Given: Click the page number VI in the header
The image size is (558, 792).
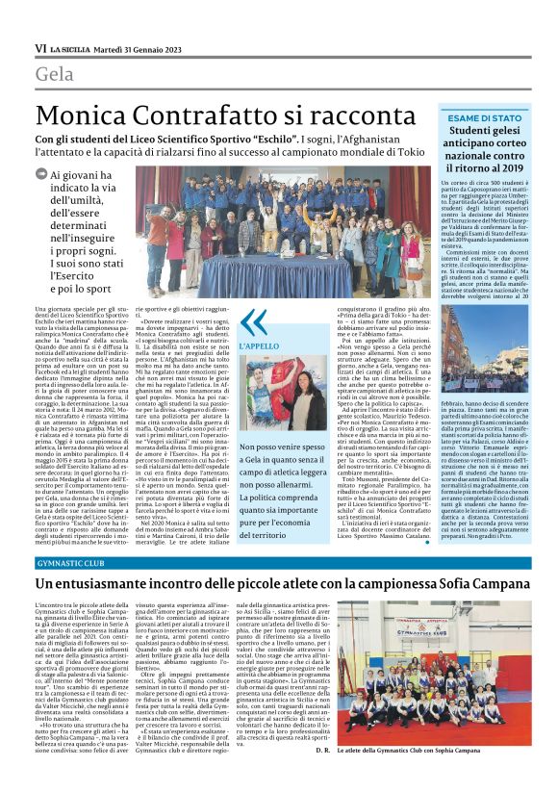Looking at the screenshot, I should pyautogui.click(x=40, y=48).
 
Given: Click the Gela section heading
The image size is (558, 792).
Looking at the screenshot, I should pyautogui.click(x=55, y=75).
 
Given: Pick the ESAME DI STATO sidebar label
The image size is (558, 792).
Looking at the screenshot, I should pyautogui.click(x=485, y=116).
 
